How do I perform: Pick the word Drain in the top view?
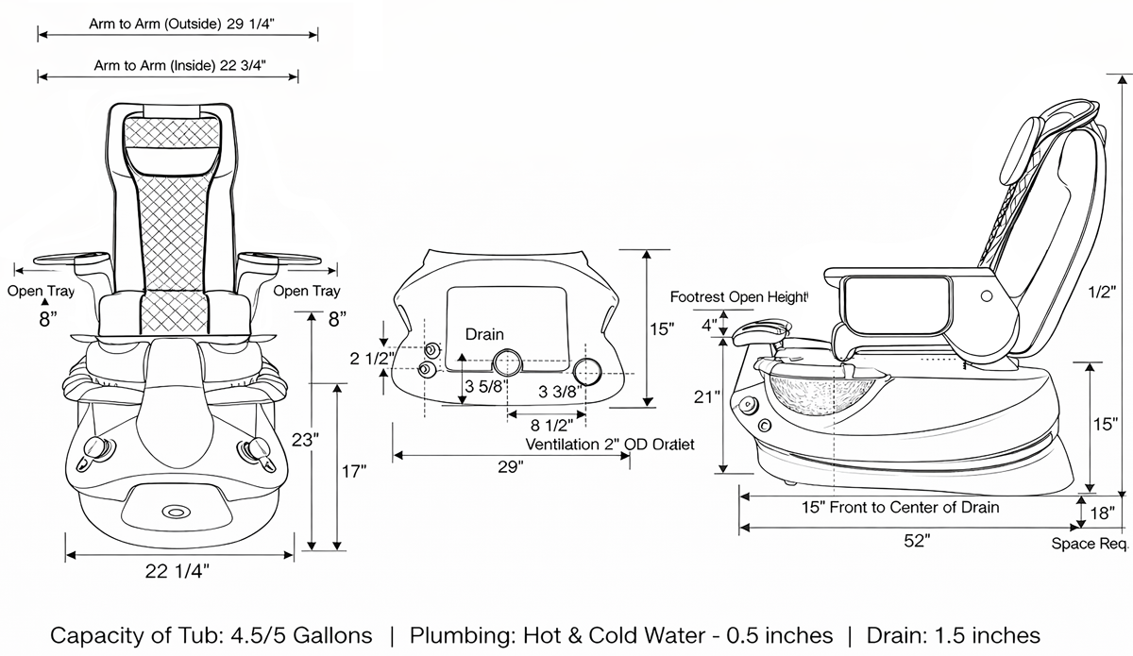tap(484, 334)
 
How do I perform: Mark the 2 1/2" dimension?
tap(369, 359)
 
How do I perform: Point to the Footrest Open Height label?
tap(739, 296)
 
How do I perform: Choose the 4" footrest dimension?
tap(707, 326)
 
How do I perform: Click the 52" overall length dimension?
tap(915, 540)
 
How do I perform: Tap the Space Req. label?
tap(1090, 544)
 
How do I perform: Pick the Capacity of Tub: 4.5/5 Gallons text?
tap(211, 634)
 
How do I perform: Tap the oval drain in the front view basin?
tap(175, 511)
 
